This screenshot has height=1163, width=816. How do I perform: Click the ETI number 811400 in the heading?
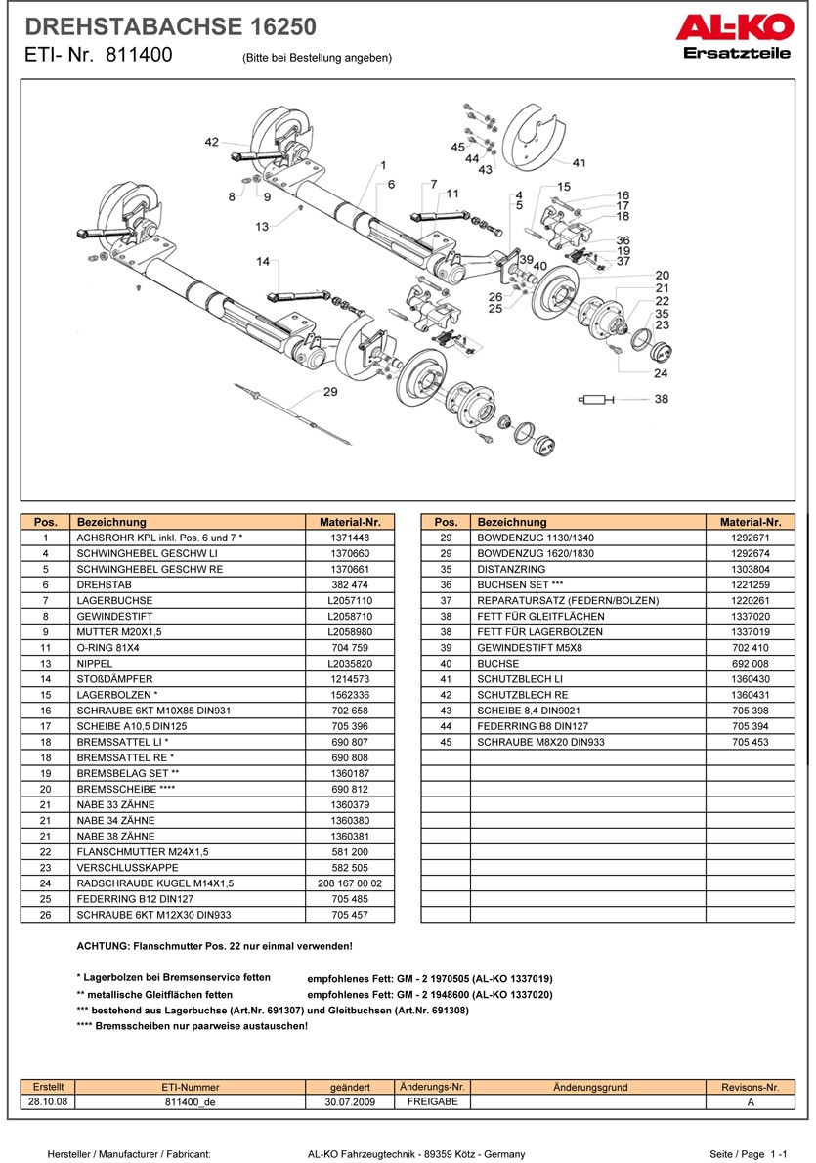pos(138,56)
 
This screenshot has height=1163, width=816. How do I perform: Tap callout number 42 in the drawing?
pos(212,142)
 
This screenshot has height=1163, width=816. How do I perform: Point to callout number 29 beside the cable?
pos(329,392)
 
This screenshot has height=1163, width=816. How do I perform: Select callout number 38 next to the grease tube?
pos(662,399)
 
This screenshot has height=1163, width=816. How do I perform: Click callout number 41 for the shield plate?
pos(579,163)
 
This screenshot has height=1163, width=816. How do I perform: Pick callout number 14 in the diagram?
pos(263,262)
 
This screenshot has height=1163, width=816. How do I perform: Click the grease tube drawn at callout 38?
pos(597,399)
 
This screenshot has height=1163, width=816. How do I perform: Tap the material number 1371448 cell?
pos(350,538)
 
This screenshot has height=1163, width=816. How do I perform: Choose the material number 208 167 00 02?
pos(350,883)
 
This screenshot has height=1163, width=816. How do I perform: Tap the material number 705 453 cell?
pos(750,742)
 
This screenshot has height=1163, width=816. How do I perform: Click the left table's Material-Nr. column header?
pos(350,522)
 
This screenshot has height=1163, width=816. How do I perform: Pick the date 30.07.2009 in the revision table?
pos(350,1100)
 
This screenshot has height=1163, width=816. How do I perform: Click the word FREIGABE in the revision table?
pos(432,1100)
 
